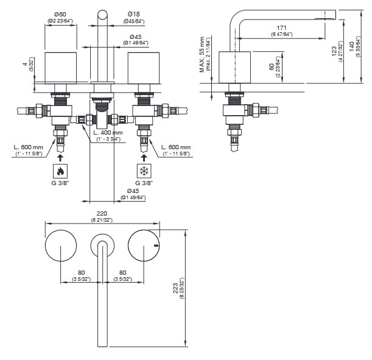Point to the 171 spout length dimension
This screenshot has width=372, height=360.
point(281,28)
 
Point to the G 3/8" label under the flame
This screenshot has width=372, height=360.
point(60,183)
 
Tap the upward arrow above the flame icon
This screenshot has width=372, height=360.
point(60,157)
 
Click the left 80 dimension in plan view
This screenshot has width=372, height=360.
point(80,273)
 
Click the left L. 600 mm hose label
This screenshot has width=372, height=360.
point(29,147)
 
